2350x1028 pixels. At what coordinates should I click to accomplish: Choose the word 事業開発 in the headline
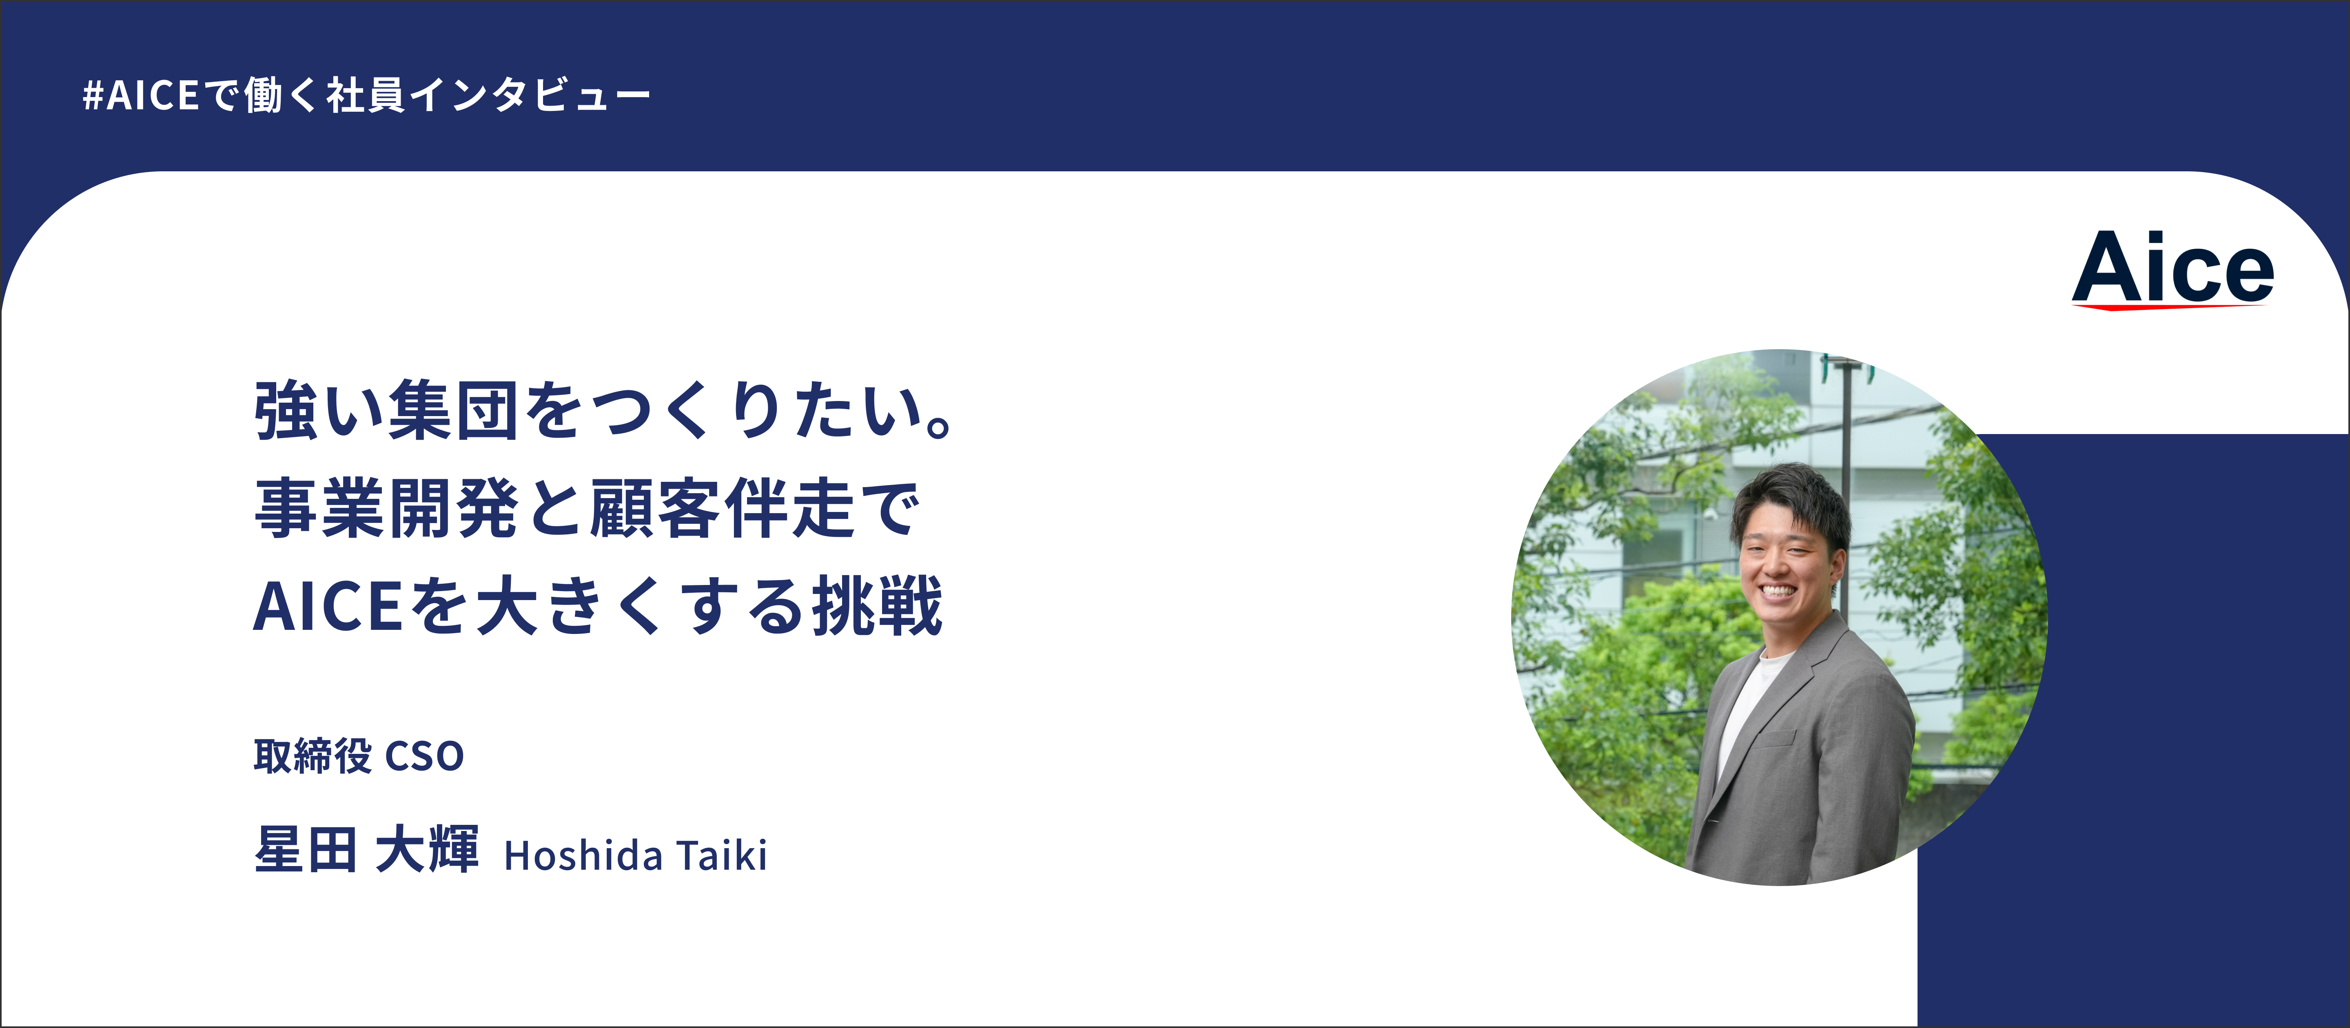[x=387, y=508]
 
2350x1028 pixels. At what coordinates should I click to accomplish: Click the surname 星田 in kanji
[x=306, y=850]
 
